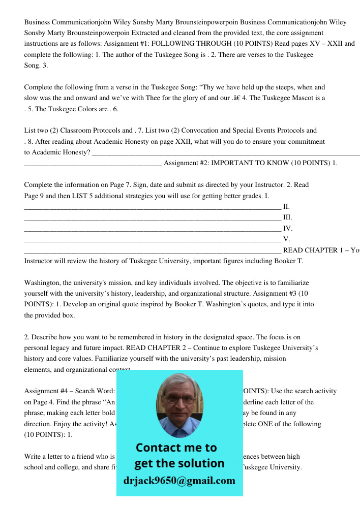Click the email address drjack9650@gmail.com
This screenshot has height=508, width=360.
click(x=179, y=481)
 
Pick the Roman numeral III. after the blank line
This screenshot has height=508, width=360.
click(x=287, y=217)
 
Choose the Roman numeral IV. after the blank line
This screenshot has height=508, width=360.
click(x=287, y=229)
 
